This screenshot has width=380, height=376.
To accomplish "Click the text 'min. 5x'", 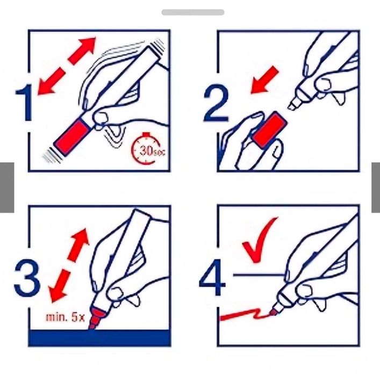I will coord(65,317).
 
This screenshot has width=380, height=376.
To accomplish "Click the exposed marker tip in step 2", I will coord(294,104).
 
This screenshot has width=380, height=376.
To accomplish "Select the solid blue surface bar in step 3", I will coord(99,338).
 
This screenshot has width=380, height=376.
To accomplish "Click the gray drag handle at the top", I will coord(192,12).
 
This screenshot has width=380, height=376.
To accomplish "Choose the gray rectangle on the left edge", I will coord(6,187).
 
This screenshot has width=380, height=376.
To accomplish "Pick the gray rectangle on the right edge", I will coord(375,187).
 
